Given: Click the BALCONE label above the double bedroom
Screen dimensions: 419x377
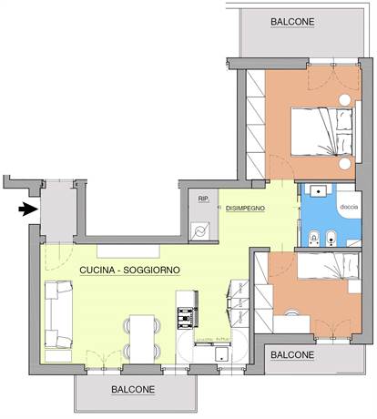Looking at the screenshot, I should click(x=293, y=21).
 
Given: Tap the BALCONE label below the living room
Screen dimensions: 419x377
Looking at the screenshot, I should click(x=135, y=389).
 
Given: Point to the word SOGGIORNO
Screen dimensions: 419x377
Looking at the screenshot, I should click(x=156, y=271).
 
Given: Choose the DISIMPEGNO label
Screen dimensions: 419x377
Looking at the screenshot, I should click(x=245, y=209).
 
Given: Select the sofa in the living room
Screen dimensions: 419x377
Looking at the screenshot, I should click(x=59, y=314).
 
